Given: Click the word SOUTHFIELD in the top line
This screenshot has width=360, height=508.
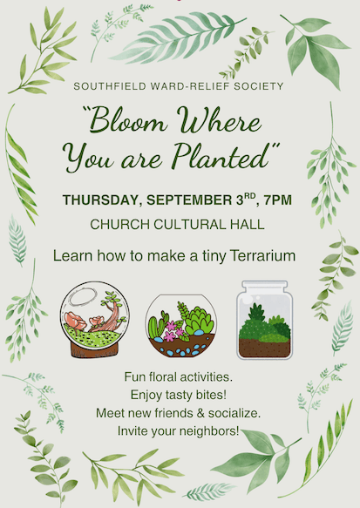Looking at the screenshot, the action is pyautogui.click(x=110, y=86).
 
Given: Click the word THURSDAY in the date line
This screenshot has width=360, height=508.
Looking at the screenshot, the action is pyautogui.click(x=102, y=200).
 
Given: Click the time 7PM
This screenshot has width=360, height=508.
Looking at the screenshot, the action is pyautogui.click(x=278, y=200).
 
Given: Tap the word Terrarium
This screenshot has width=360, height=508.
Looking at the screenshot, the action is pyautogui.click(x=262, y=256).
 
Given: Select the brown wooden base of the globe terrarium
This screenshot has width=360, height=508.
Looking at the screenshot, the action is pyautogui.click(x=95, y=350).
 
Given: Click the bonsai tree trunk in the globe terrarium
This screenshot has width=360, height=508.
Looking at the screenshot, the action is pyautogui.click(x=110, y=319).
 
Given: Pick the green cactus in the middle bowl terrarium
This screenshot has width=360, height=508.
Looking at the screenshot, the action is pyautogui.click(x=156, y=327).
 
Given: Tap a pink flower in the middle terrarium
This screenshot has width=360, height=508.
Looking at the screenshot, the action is pyautogui.click(x=169, y=336).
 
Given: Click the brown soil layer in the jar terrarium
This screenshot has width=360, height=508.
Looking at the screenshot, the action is pyautogui.click(x=264, y=348).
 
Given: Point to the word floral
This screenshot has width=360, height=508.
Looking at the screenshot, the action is pyautogui.click(x=162, y=377).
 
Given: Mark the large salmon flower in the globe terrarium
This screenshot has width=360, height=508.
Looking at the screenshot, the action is pyautogui.click(x=75, y=320).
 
